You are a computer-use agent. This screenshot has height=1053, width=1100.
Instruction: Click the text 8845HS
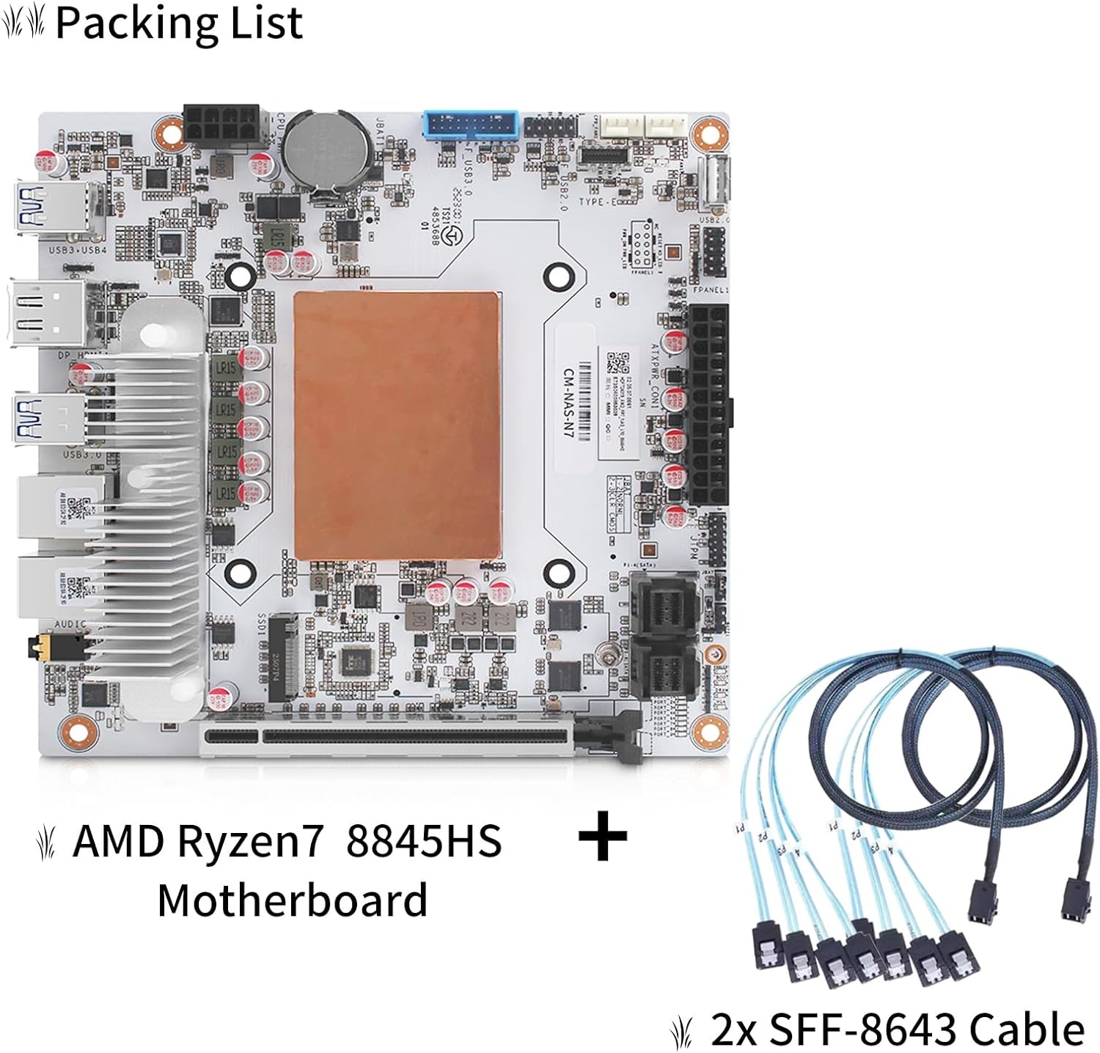pos(423,842)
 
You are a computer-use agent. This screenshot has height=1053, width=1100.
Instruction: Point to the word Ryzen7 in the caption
pos(249,842)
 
